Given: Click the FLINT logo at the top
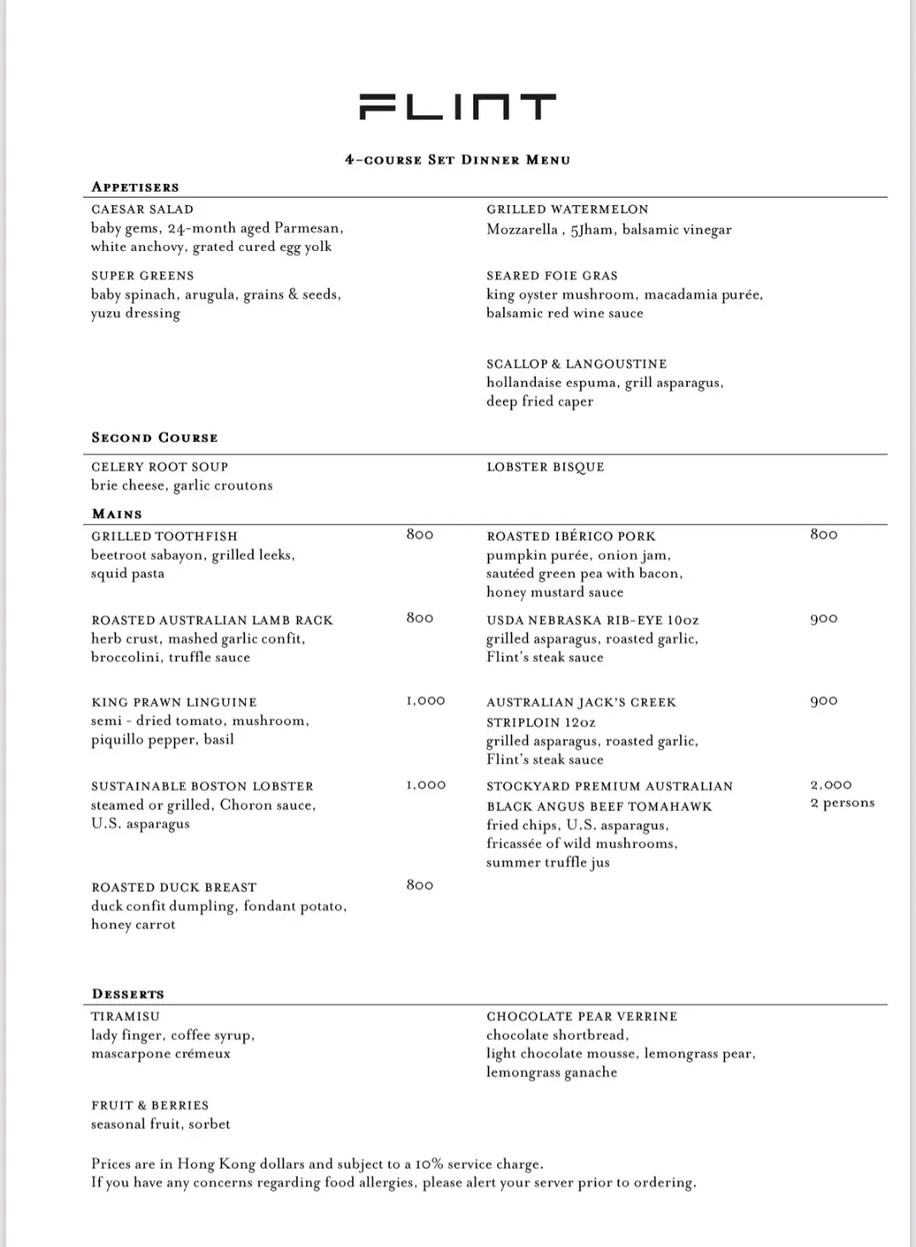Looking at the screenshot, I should tap(458, 108).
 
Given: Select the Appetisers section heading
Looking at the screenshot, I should tap(136, 187).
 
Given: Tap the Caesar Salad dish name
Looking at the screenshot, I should tap(142, 210).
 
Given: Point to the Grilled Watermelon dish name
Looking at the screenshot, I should tap(567, 210).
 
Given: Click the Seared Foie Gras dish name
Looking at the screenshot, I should tap(552, 276).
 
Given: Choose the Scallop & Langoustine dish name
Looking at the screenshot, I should tap(577, 364).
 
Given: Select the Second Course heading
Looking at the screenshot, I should tap(154, 438).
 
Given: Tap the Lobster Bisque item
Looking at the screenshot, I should tap(545, 467).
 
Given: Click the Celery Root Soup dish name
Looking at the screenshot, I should tap(159, 467).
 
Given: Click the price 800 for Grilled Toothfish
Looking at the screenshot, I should tap(420, 534).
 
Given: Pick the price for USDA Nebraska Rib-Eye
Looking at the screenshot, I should tap(824, 618).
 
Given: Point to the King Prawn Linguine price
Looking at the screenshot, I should tap(425, 701).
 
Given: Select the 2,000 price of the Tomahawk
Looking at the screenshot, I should tap(831, 786).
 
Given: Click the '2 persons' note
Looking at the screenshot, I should tap(842, 803).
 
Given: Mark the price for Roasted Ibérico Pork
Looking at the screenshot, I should tap(824, 534).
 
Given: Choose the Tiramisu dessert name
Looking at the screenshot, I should tap(126, 1016).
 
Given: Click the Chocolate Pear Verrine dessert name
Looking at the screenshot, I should tap(582, 1016).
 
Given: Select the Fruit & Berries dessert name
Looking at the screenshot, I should tap(150, 1105).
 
